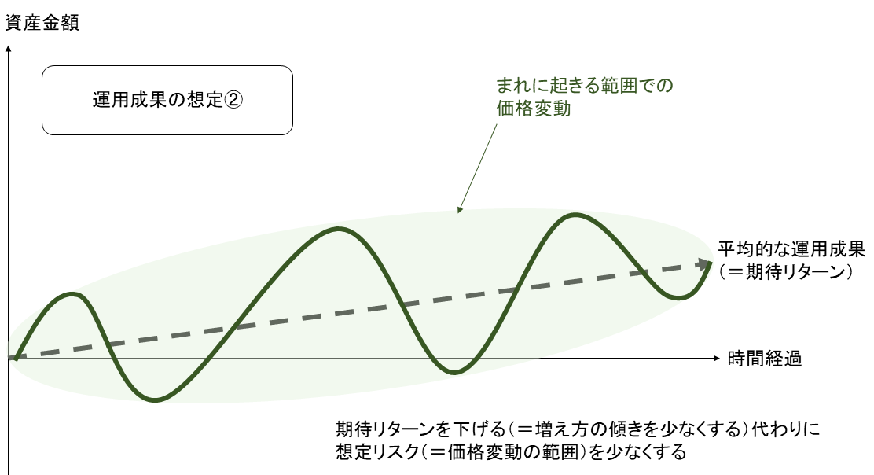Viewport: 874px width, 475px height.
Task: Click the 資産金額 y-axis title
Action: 42,23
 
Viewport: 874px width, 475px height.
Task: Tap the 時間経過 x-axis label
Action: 765,359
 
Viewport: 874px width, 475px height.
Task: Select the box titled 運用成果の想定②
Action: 167,101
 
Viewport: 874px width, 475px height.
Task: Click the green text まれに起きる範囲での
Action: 585,85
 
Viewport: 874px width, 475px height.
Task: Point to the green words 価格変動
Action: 534,109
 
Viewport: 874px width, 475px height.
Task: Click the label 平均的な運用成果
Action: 791,249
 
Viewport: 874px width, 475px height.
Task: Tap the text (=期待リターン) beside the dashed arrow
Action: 786,272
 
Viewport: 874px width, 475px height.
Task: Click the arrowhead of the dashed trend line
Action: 704,263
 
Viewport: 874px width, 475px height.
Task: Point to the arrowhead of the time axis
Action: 717,358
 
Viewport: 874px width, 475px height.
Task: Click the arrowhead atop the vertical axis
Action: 9,49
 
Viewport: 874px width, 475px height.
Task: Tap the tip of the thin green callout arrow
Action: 458,212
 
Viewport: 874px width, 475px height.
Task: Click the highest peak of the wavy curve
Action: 575,215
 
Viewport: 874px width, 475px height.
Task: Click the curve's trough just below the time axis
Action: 455,372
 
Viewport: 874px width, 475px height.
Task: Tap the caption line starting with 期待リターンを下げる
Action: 578,429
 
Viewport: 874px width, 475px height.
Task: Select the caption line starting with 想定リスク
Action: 511,451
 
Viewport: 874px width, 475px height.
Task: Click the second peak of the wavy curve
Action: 338,229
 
